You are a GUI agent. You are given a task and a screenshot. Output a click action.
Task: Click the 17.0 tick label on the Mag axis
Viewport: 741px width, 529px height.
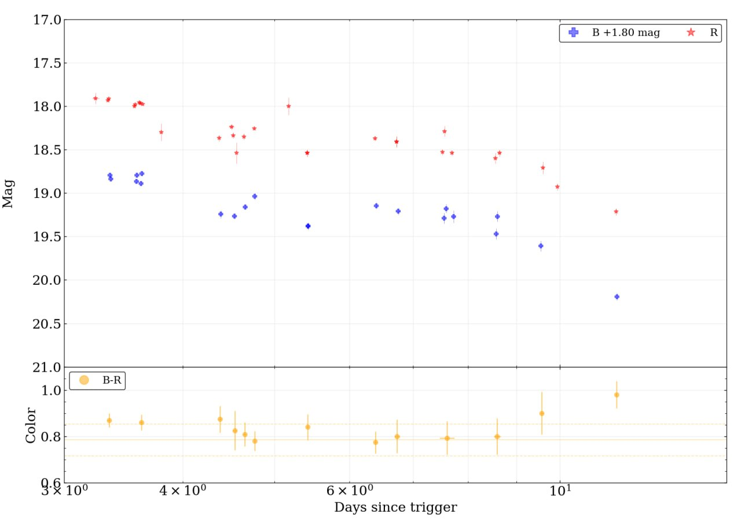47,20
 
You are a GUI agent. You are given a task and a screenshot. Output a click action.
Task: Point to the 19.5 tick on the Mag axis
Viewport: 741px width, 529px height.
47,237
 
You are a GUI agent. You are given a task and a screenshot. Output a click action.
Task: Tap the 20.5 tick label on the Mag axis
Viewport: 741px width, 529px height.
47,324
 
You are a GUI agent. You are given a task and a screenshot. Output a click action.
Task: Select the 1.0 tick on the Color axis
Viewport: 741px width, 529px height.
50,391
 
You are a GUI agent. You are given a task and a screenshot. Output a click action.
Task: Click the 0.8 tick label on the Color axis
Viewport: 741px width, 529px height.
50,437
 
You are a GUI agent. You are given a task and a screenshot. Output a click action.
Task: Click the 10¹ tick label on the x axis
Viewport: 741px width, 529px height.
560,490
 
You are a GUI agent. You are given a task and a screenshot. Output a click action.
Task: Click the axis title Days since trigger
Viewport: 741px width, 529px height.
395,508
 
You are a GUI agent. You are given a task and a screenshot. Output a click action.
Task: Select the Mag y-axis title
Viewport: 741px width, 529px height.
9,194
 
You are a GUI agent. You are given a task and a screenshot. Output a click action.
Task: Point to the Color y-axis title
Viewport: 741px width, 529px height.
31,425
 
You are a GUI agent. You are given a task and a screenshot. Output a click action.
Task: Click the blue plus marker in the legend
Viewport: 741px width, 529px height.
574,33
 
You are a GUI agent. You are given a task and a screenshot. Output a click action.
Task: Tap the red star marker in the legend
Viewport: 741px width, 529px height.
691,33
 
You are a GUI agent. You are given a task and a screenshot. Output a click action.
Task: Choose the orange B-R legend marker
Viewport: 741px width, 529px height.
84,380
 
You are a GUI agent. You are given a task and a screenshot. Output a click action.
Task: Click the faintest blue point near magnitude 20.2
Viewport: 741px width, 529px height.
617,297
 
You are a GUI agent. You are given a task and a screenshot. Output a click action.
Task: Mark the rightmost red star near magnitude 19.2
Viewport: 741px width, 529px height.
616,211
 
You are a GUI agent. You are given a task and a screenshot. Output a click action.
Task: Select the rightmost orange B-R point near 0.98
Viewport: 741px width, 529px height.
617,395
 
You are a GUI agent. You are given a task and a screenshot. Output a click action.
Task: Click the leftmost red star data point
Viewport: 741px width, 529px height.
96,98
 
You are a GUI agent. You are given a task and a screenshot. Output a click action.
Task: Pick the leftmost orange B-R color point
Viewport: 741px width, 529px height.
109,420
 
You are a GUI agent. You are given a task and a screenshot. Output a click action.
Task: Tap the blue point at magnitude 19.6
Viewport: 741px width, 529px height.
541,246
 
